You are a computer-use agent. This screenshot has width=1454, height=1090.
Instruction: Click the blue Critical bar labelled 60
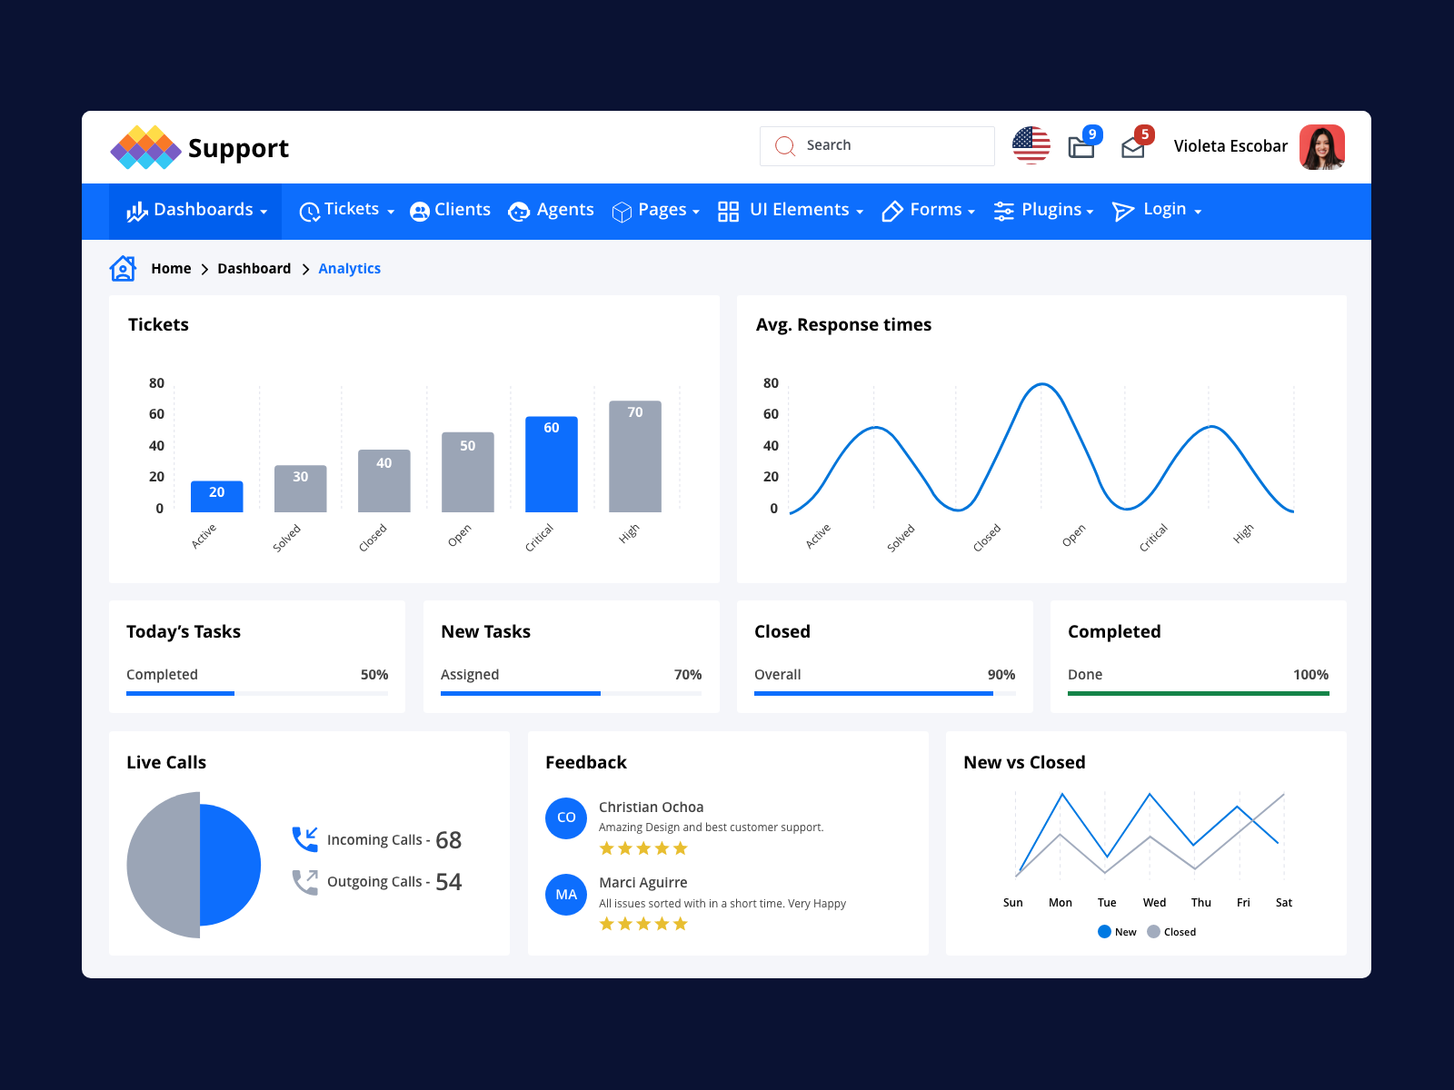pos(551,464)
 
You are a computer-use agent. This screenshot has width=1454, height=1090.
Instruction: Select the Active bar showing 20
pos(216,496)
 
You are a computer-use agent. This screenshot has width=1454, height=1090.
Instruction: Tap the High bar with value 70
pos(634,456)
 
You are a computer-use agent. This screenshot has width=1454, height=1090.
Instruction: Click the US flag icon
pos(1031,145)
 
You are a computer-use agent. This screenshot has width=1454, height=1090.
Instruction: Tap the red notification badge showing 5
pos(1145,134)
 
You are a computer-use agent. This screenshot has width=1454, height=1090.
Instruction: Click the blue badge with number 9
pos(1092,134)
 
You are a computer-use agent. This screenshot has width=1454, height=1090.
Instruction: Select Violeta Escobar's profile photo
pos(1321,147)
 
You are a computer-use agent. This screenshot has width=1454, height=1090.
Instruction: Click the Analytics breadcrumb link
pos(349,269)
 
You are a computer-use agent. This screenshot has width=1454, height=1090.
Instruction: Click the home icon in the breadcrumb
pos(123,269)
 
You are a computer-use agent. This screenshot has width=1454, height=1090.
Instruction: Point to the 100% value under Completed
pos(1310,675)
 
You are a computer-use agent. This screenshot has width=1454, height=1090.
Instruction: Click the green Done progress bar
pos(1198,693)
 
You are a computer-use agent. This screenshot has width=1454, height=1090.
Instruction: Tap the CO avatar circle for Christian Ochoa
pos(566,817)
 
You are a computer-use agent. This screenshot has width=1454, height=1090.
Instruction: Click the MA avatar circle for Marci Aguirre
pos(566,895)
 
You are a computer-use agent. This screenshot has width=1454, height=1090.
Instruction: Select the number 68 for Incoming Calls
pos(448,840)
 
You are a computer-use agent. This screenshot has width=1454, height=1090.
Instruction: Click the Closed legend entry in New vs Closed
pos(1171,932)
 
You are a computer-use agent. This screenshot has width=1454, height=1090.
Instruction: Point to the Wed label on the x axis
pos(1154,903)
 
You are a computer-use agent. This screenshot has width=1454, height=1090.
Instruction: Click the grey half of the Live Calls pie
pos(164,865)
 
